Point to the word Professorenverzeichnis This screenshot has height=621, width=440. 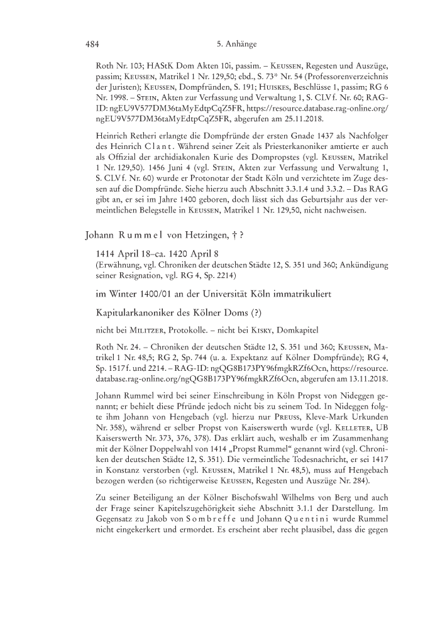click(341, 75)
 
